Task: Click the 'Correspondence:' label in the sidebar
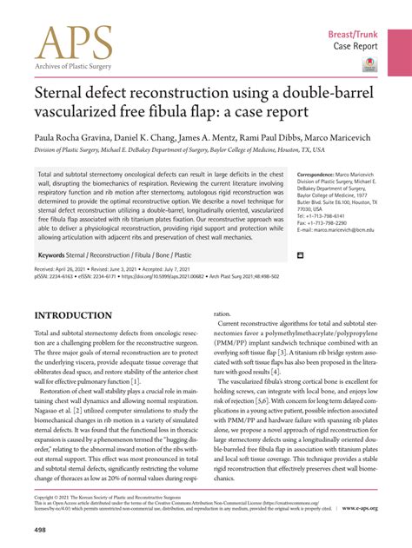point(319,175)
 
